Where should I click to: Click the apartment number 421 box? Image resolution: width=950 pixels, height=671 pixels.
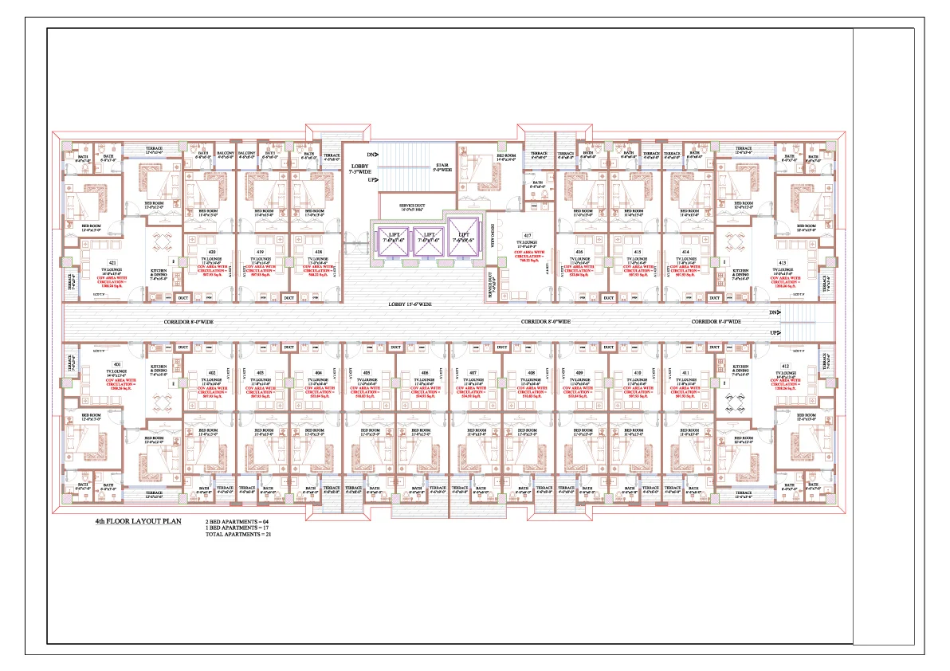pyautogui.click(x=112, y=262)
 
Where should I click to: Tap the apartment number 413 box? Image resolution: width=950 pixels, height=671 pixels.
pyautogui.click(x=782, y=262)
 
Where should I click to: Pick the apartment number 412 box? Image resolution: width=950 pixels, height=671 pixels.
pyautogui.click(x=784, y=366)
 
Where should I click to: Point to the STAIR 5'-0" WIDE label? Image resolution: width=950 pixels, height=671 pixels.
pyautogui.click(x=442, y=167)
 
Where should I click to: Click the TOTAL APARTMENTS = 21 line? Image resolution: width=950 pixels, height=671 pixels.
pyautogui.click(x=234, y=535)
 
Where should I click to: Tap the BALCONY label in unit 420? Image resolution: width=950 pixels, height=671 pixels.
pyautogui.click(x=226, y=153)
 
